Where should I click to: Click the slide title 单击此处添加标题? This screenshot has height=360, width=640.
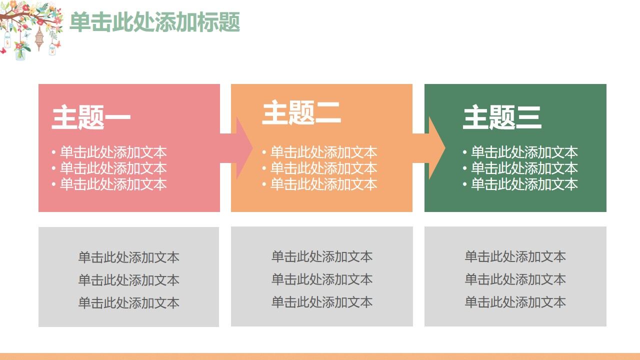click(x=154, y=22)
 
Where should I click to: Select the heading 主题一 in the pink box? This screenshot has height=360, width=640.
click(x=91, y=117)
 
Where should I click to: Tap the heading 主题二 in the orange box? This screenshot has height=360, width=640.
click(x=301, y=112)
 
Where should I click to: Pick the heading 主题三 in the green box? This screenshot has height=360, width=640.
click(x=502, y=117)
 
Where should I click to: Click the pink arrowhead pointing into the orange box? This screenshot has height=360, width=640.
click(x=243, y=148)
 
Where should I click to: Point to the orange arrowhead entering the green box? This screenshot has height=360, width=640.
click(x=436, y=148)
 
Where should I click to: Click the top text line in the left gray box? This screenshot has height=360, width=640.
click(x=128, y=257)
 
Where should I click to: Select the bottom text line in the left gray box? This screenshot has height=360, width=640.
click(x=128, y=302)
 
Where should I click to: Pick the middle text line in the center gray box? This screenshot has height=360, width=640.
click(x=322, y=279)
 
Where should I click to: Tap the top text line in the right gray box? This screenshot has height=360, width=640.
click(x=515, y=256)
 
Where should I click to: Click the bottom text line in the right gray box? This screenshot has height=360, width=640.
click(x=515, y=302)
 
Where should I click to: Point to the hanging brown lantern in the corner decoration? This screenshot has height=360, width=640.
click(x=39, y=37)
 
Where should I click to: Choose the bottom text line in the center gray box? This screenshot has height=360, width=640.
click(x=322, y=302)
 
